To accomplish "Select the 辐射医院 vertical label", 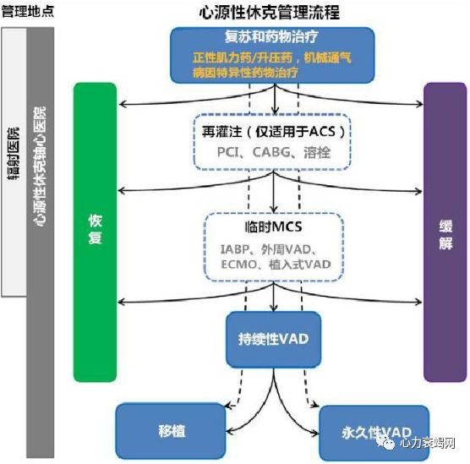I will coord(13,161).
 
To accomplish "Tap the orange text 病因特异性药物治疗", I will coord(246,74).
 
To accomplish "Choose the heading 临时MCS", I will coord(272,227).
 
